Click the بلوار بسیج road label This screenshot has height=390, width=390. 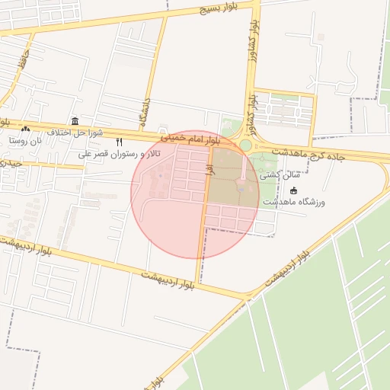click(x=219, y=8)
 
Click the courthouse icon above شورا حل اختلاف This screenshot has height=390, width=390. click(x=75, y=121)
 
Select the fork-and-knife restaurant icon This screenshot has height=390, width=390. click(x=119, y=142)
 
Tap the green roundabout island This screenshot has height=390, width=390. click(x=245, y=145)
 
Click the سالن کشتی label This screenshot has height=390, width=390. click(x=280, y=175)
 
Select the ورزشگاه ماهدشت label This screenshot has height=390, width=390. click(x=294, y=202)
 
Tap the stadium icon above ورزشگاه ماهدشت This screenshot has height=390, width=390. click(x=295, y=190)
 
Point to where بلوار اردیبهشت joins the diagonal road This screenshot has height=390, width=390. click(x=249, y=296)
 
